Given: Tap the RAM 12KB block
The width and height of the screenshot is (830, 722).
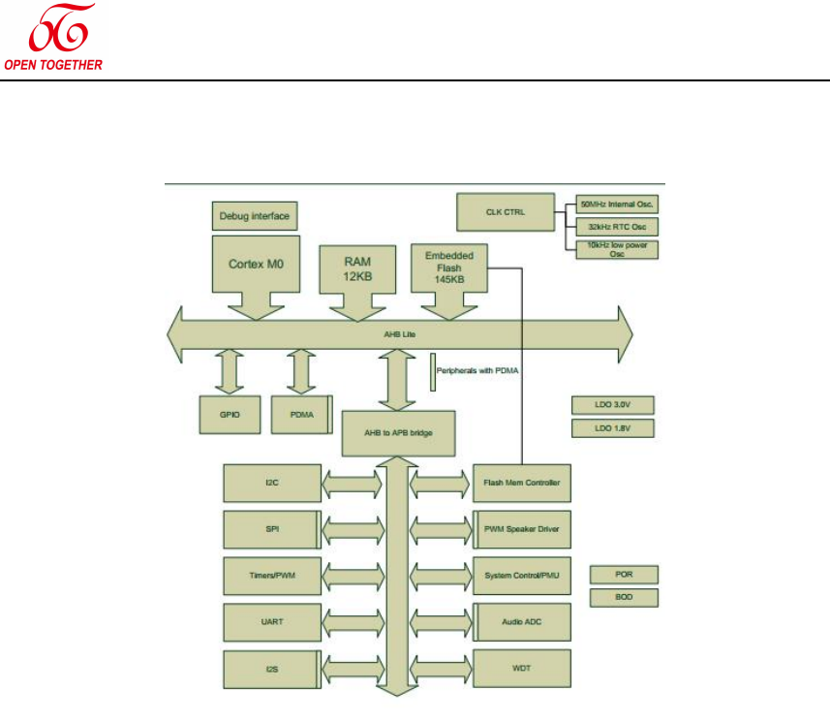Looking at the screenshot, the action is [358, 267].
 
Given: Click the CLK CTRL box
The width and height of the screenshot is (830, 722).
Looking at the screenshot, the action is [505, 212].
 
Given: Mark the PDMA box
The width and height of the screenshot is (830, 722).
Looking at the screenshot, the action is [300, 414].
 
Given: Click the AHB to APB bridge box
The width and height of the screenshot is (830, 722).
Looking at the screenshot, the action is [398, 433].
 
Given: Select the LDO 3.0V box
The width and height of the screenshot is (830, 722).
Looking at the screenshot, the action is [612, 405].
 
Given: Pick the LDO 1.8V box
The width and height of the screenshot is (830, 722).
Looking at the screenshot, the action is [612, 428].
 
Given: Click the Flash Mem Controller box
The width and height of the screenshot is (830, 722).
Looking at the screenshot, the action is [522, 482].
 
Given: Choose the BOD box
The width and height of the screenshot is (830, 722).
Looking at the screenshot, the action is [624, 598].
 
